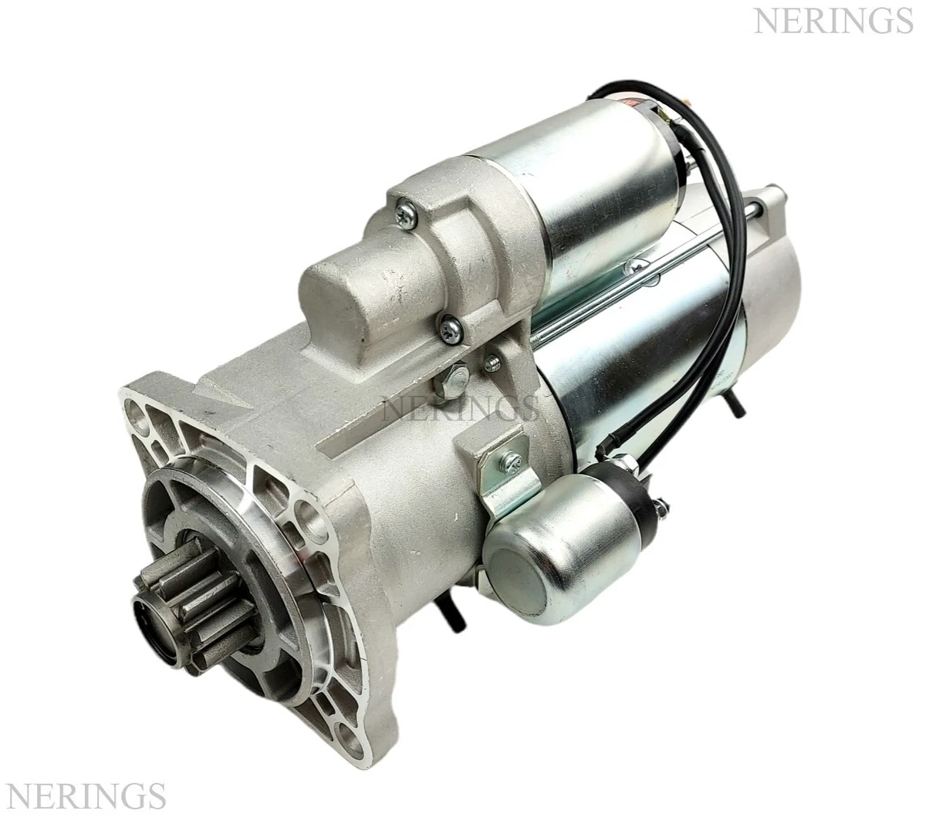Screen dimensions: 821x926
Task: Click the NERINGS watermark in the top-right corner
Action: click(832, 20)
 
